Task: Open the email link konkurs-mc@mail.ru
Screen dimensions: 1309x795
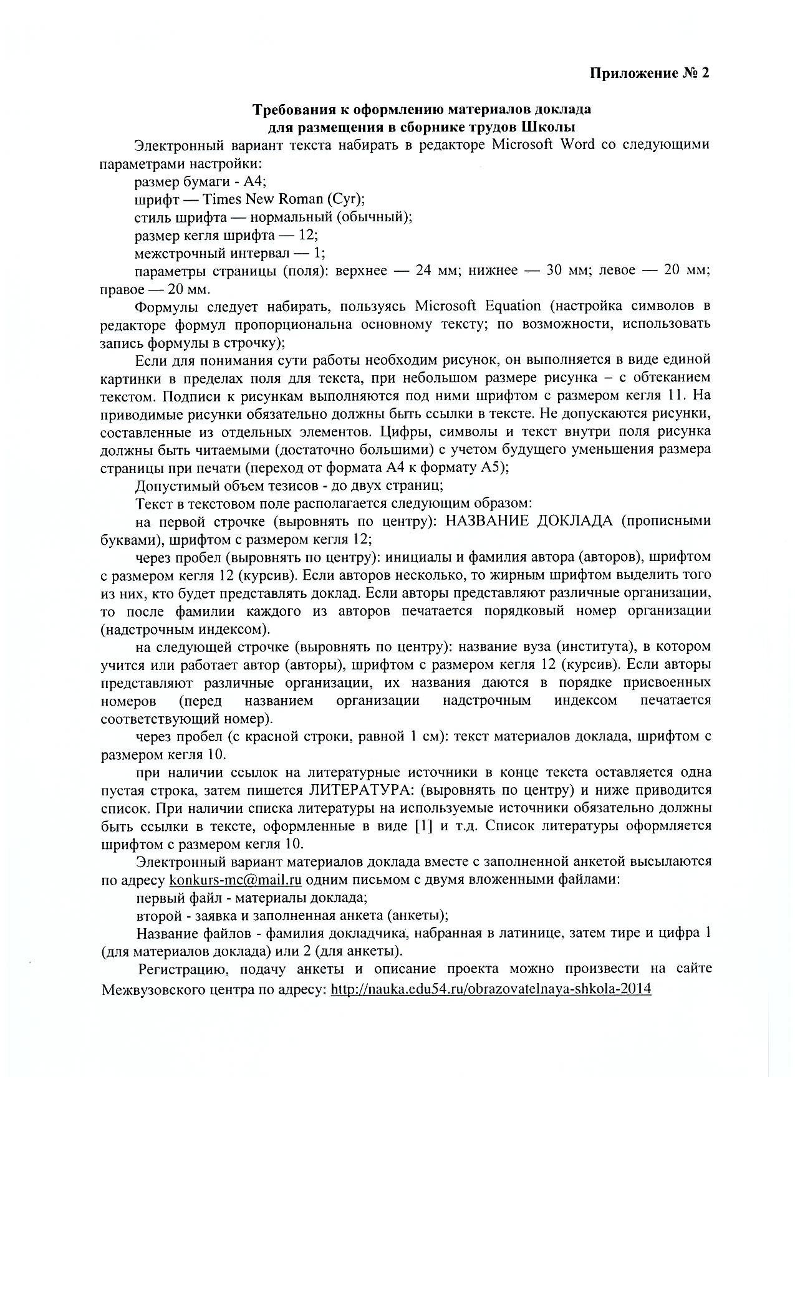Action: pyautogui.click(x=236, y=881)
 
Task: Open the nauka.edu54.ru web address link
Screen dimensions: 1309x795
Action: pyautogui.click(x=491, y=989)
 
